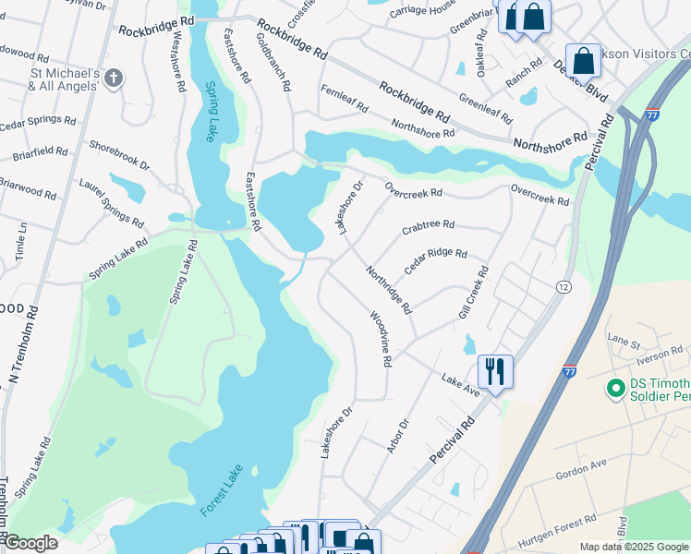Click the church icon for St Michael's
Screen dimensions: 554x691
click(114, 78)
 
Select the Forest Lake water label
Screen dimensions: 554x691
click(219, 489)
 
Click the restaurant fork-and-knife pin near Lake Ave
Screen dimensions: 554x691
click(495, 372)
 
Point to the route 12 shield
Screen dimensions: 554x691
click(563, 287)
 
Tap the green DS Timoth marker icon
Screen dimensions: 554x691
click(614, 387)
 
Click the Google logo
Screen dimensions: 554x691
click(30, 542)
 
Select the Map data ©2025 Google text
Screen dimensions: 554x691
click(634, 547)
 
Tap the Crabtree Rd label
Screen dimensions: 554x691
click(429, 225)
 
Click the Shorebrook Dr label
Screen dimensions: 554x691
click(119, 154)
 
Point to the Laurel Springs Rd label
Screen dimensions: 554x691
click(111, 204)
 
